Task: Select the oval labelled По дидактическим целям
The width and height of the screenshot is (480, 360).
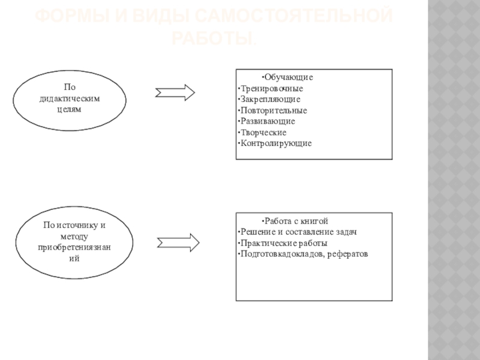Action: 70,100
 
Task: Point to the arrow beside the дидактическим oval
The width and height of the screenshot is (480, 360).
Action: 175,92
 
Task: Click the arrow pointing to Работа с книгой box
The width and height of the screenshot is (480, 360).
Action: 178,242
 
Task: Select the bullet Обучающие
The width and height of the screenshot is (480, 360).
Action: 288,78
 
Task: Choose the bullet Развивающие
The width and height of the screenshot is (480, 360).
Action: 266,121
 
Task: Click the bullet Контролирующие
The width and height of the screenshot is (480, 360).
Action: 275,143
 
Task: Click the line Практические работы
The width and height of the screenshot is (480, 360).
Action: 283,243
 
